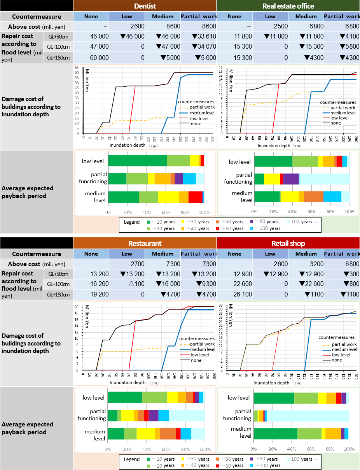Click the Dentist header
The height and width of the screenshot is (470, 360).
145,6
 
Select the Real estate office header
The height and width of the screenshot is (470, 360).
288,6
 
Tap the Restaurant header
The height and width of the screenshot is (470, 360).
145,243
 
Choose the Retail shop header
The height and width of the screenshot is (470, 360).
288,243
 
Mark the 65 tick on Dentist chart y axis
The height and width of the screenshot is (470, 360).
77,67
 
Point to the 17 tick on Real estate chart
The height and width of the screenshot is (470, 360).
220,67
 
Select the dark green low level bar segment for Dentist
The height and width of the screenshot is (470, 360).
137,160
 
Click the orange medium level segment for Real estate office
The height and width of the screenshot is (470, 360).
313,196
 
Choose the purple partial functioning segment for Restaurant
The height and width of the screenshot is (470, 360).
153,415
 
